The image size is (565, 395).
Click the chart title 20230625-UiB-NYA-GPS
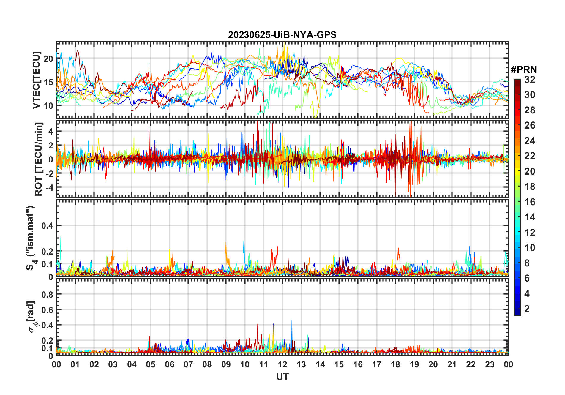coord(282,35)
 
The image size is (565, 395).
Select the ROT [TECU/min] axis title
coord(39,159)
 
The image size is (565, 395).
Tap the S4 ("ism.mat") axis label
coord(31,238)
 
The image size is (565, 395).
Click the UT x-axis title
coord(282,377)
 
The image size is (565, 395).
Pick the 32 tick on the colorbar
coord(530,80)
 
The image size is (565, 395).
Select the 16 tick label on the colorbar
coord(530,202)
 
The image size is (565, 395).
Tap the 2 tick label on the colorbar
coord(527,309)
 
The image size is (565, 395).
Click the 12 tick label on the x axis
coord(282,365)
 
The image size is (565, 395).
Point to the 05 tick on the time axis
coord(151,365)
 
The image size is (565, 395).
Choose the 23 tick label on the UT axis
coord(490,365)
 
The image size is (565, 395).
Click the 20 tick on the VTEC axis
coord(48,59)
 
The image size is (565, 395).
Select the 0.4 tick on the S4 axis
coord(47,226)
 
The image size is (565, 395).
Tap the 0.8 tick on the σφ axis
coord(47,295)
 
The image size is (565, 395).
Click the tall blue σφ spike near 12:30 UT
coord(292,321)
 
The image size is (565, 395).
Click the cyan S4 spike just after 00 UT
coord(61,238)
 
